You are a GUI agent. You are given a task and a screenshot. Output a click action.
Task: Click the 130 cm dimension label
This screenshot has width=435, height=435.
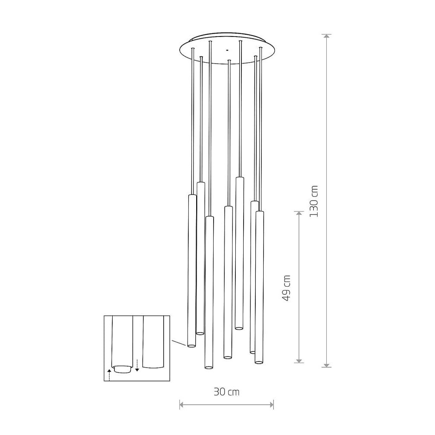[314, 201]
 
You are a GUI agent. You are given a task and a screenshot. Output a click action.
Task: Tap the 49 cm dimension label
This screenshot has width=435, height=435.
[286, 288]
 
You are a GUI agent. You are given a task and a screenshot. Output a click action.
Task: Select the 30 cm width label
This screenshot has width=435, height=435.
[226, 392]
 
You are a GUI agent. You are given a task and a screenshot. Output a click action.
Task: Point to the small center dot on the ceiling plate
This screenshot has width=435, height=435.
[227, 50]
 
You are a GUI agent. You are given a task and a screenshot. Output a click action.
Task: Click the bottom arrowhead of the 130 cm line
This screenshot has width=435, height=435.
[327, 365]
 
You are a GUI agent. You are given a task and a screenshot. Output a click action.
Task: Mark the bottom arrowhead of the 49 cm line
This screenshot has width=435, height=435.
[299, 360]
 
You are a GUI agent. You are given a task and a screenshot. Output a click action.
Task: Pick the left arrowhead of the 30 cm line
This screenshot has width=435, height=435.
[182, 405]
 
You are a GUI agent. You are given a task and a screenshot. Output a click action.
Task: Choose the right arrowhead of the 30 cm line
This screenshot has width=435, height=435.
[271, 405]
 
